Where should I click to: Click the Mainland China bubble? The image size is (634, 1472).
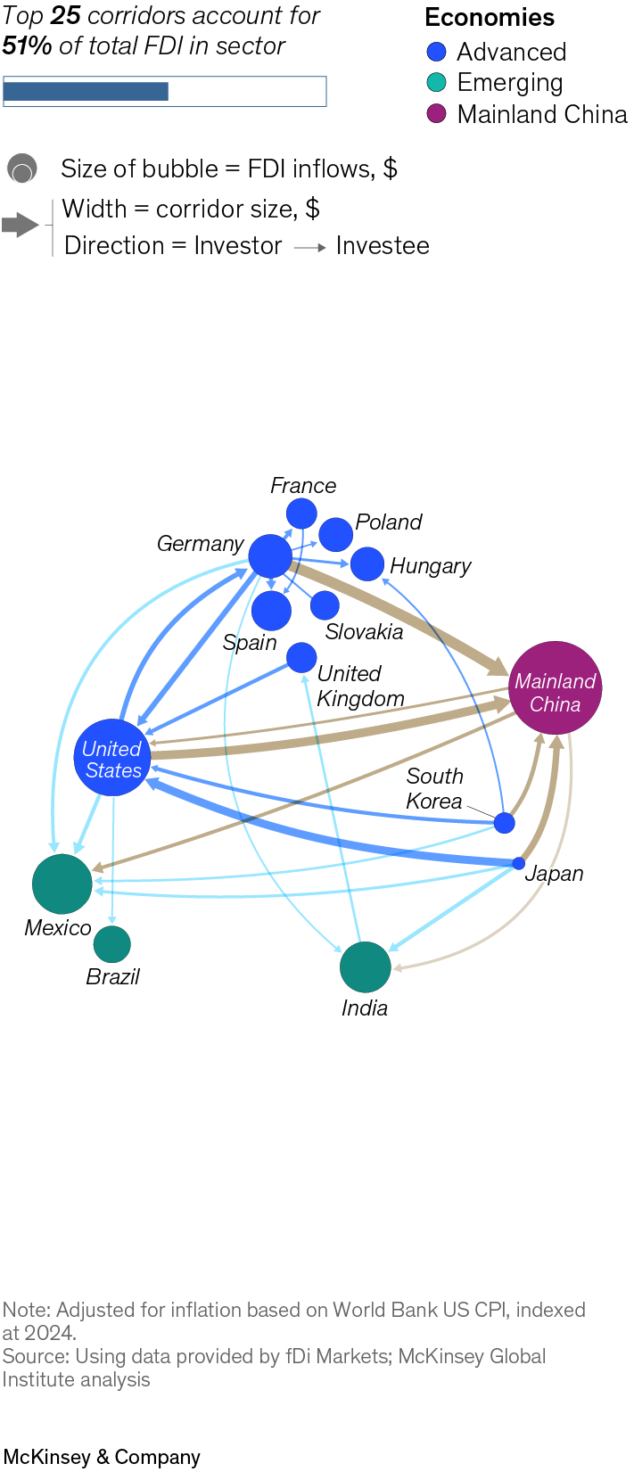(556, 687)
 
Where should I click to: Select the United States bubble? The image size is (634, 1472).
(112, 758)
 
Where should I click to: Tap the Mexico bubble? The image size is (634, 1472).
(62, 884)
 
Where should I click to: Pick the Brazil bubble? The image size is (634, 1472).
(112, 944)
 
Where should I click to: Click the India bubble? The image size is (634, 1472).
(366, 967)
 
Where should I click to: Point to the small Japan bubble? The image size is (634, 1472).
(518, 863)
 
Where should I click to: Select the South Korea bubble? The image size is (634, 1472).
(505, 823)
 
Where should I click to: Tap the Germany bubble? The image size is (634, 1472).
(270, 556)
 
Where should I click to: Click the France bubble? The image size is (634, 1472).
(301, 514)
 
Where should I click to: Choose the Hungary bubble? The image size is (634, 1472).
(367, 563)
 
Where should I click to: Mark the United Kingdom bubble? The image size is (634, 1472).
(301, 657)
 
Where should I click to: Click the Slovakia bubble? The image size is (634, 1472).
(325, 605)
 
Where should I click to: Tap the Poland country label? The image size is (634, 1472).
(388, 522)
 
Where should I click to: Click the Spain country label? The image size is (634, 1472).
(250, 642)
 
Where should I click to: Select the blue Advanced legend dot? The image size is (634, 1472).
(436, 51)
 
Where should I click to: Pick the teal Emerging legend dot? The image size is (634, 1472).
(436, 82)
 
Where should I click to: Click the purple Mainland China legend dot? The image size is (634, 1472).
(436, 114)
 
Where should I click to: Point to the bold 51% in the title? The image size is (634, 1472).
(27, 46)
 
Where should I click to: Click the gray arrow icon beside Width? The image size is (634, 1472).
(21, 225)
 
